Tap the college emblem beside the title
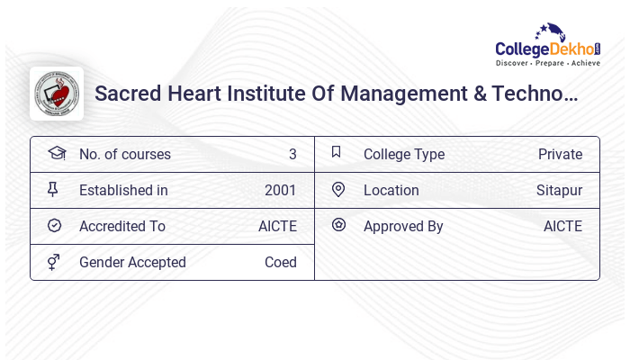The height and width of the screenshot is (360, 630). coord(56,94)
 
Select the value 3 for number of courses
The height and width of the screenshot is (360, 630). coord(292,154)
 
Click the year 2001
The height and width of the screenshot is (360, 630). coord(280,190)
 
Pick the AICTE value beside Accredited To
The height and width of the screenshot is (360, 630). coord(277,226)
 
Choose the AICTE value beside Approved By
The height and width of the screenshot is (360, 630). coord(562,226)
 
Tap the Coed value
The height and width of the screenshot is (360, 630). coord(280,262)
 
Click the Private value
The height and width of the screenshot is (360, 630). coord(560,154)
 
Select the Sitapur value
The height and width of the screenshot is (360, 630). coord(559,190)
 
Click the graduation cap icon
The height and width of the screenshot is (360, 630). coord(56,153)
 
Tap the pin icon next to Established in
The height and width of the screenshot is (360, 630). coord(53,189)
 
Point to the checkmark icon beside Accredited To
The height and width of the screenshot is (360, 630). coord(54,225)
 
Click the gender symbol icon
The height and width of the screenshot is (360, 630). coord(54,262)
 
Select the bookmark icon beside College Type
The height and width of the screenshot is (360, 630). coord(337,152)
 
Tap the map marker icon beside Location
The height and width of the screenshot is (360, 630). coord(338,189)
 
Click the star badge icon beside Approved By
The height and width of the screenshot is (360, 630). coord(338,225)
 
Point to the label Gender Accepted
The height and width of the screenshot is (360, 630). coord(132,262)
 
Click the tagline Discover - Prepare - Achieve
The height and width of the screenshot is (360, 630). coord(547,64)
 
